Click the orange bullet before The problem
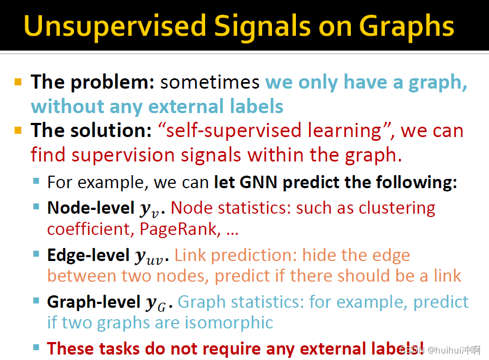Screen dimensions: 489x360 pos(18,82)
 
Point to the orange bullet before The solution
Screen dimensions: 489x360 pos(18,130)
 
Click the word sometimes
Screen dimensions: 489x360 pos(210,82)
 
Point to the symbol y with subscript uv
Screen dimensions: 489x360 pos(149,257)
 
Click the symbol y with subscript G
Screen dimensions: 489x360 pos(156,304)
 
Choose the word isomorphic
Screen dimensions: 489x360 pos(229,322)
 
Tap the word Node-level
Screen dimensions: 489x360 pos(91,208)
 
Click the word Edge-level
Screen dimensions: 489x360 pos(88,255)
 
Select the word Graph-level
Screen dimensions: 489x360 pos(94,302)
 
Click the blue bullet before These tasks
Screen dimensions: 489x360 pos(36,347)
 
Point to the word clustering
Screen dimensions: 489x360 pos(397,208)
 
